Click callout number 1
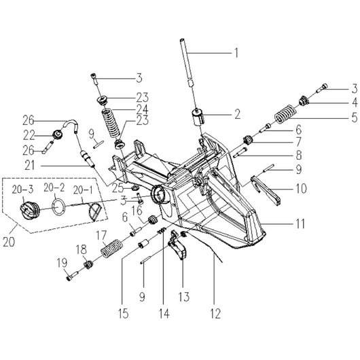pyautogui.click(x=236, y=53)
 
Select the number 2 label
pyautogui.click(x=237, y=114)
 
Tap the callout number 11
pyautogui.click(x=300, y=223)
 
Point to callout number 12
pyautogui.click(x=215, y=313)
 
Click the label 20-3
pyautogui.click(x=22, y=190)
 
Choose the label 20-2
pyautogui.click(x=54, y=187)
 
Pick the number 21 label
pyautogui.click(x=30, y=165)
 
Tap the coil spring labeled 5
pyautogui.click(x=285, y=114)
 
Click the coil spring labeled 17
pyautogui.click(x=112, y=249)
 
